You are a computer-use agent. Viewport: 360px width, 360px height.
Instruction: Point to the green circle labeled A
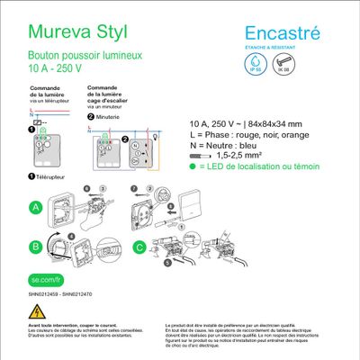(x=37, y=207)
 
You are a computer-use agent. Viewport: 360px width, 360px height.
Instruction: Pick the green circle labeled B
(x=37, y=245)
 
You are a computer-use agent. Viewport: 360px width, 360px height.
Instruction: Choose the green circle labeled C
(x=139, y=245)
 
